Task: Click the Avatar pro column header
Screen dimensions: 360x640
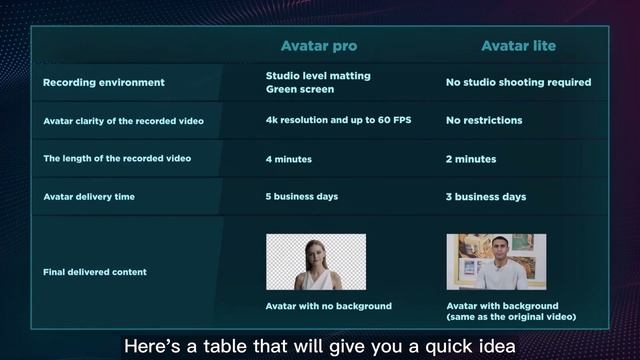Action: coord(318,46)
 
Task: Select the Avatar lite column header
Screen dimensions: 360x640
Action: coord(518,46)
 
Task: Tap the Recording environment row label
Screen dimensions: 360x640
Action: coord(104,82)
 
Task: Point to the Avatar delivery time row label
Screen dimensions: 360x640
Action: coord(89,196)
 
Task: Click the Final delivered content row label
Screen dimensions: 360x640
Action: coord(95,272)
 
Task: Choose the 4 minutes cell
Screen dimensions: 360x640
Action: coord(289,159)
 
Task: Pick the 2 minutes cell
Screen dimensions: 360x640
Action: coord(470,159)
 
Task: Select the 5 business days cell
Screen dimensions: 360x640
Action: coord(302,196)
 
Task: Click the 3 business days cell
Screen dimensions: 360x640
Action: coord(485,197)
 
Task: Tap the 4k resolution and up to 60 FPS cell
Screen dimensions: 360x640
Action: coord(338,120)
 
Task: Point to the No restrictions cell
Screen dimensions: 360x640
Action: coord(484,120)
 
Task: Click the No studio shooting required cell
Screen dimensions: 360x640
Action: coord(518,82)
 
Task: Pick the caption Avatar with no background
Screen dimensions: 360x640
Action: coord(328,305)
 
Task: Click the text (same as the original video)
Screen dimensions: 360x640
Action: coord(511,317)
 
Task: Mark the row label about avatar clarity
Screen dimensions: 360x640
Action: coord(123,121)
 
